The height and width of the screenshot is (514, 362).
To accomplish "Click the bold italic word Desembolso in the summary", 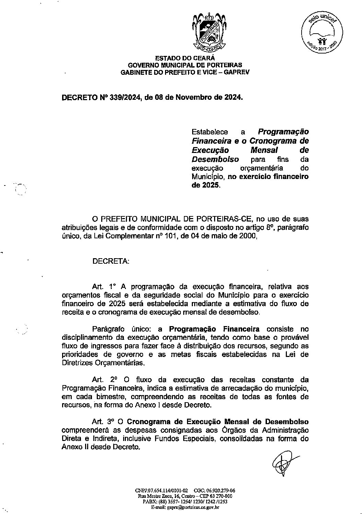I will pyautogui.click(x=215, y=159).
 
